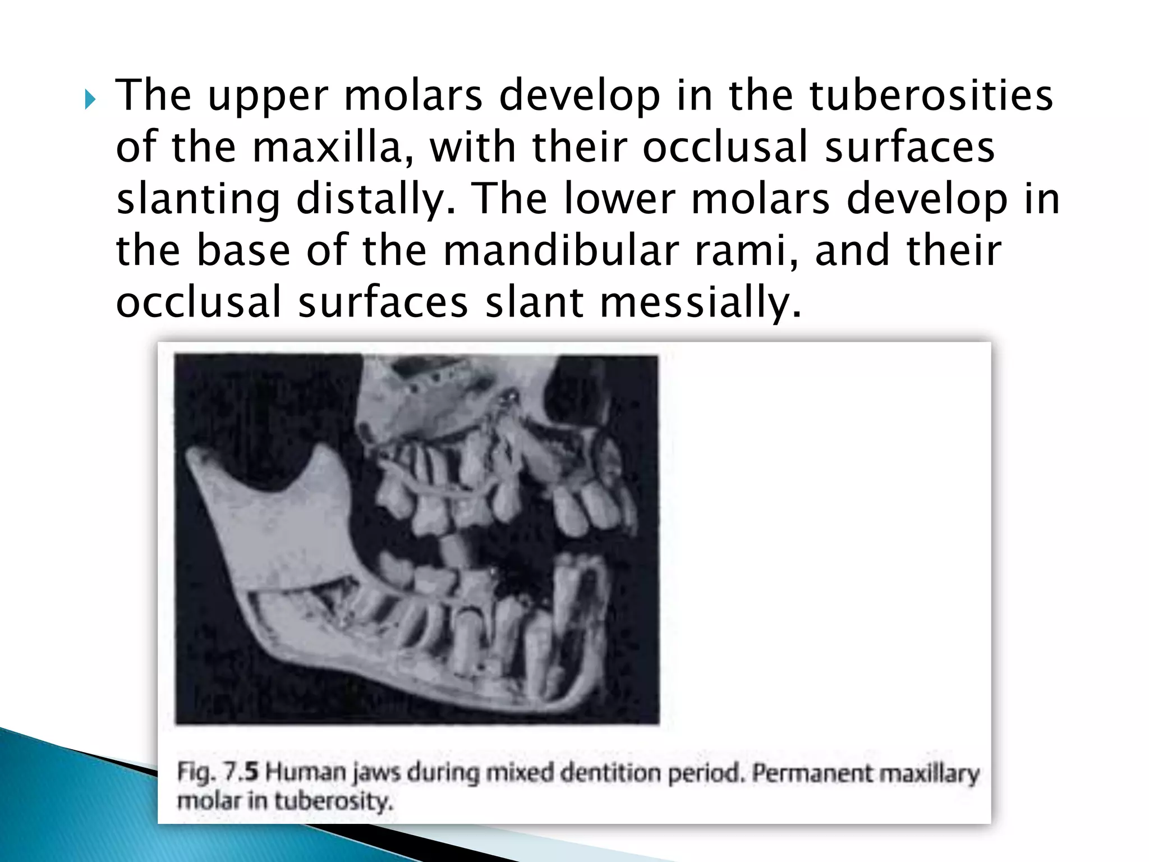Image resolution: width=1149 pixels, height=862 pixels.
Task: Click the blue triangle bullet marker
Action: click(90, 100)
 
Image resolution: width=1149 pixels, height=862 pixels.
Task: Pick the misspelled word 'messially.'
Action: click(701, 302)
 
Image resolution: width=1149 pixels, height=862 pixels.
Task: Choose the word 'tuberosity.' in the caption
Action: click(334, 801)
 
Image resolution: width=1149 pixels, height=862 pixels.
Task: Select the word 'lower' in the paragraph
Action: click(619, 199)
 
